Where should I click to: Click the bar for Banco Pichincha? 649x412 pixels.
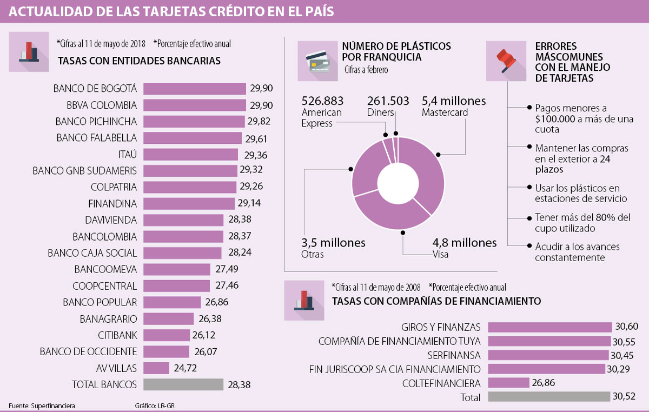[194, 121]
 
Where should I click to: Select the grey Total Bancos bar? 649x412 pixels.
[183, 384]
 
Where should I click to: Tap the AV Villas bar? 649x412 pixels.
[156, 368]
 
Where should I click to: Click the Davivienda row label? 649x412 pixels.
[111, 220]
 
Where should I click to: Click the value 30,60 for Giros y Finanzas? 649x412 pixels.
[626, 327]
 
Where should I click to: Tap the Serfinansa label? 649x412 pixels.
[454, 355]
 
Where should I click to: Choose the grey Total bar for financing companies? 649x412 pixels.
[548, 397]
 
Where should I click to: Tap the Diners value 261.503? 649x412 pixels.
[388, 101]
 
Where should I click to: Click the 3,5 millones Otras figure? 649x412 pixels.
[333, 243]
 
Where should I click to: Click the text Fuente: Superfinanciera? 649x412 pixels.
[42, 405]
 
